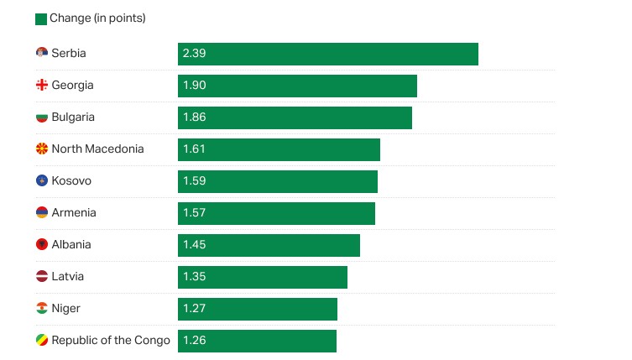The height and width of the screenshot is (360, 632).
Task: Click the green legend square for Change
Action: [41, 19]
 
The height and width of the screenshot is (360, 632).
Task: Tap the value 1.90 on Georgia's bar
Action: [195, 86]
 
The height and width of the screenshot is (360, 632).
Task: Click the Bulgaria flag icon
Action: [41, 117]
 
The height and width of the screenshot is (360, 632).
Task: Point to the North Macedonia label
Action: [97, 149]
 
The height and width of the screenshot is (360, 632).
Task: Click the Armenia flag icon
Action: [41, 213]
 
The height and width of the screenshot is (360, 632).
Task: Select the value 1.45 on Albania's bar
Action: [195, 245]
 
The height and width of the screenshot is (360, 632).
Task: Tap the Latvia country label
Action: [68, 277]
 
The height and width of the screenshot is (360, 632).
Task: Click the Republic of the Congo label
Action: [111, 341]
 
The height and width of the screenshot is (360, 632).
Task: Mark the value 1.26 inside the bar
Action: [195, 341]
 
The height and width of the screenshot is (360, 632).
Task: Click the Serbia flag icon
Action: [41, 54]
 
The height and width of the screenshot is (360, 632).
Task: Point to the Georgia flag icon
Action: [41, 86]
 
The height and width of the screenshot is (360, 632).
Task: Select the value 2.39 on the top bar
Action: [195, 54]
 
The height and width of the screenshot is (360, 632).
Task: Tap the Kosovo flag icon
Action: [41, 181]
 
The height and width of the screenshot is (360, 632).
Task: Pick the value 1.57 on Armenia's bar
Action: [195, 213]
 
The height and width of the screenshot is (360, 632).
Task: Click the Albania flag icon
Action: [41, 245]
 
